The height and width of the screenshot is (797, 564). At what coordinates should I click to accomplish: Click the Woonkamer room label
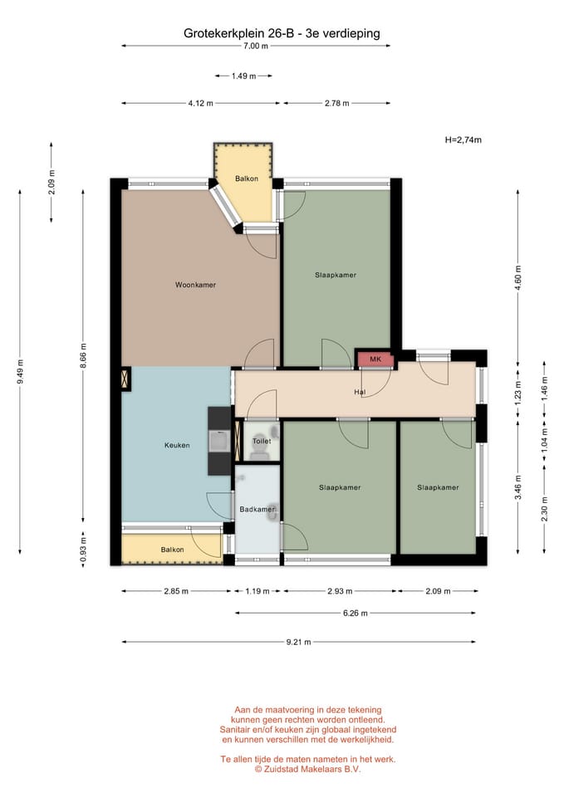click(x=195, y=285)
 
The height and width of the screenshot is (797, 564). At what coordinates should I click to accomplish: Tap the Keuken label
click(x=177, y=445)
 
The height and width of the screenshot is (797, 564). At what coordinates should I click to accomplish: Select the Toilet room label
click(x=262, y=441)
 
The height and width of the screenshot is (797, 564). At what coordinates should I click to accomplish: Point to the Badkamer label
click(x=257, y=509)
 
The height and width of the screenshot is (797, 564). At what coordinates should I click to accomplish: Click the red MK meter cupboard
click(x=375, y=359)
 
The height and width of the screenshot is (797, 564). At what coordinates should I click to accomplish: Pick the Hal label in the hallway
click(x=360, y=392)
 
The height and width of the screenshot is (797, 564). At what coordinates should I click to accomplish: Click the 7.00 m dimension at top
click(x=255, y=46)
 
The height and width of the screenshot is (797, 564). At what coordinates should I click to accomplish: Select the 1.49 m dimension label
click(x=243, y=76)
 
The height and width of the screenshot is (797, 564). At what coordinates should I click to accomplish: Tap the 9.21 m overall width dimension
click(x=298, y=642)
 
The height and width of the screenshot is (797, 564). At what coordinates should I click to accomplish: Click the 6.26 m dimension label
click(x=355, y=613)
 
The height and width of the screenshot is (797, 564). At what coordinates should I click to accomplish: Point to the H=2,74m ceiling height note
click(x=463, y=139)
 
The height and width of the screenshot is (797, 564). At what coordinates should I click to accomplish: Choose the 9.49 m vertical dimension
click(x=20, y=373)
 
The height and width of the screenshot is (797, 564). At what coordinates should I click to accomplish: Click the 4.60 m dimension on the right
click(x=518, y=277)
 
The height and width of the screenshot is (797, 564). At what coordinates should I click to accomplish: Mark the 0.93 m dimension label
click(x=83, y=550)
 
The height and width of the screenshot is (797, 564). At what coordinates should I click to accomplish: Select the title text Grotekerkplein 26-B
click(x=238, y=33)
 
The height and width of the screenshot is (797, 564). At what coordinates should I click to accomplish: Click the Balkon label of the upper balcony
click(x=247, y=178)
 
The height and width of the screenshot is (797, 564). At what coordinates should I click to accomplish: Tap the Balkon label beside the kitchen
click(x=173, y=550)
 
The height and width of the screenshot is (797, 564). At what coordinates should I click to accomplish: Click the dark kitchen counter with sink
click(x=219, y=441)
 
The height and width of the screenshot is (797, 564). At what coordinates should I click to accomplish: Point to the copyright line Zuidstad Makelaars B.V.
click(x=307, y=769)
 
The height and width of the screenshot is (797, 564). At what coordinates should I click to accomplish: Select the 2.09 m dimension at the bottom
click(x=438, y=591)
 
